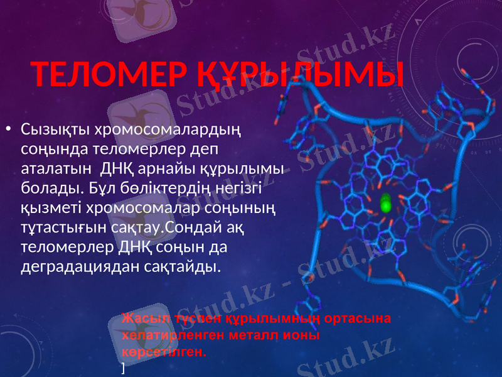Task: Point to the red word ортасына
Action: click(x=361, y=318)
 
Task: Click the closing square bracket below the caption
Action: click(x=124, y=366)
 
